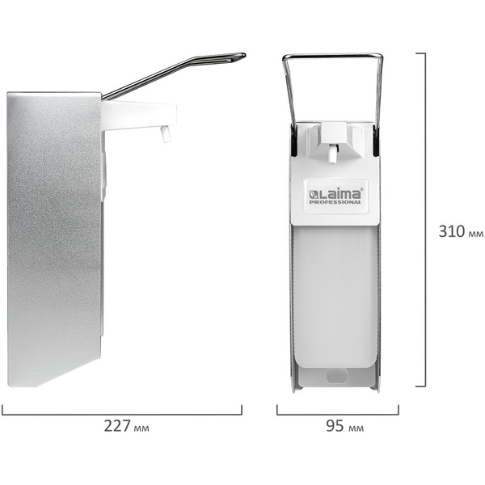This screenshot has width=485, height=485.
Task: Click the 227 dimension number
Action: [x=117, y=426]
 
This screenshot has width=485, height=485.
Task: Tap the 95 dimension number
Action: [x=335, y=426]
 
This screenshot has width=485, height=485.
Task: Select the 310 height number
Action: [x=452, y=231]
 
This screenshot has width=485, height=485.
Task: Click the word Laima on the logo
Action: [x=339, y=194]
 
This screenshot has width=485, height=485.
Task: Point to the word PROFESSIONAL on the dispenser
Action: [x=335, y=202]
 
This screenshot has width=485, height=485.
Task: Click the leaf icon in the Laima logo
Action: [x=312, y=195]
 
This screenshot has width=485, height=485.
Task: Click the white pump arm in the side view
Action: [x=139, y=115]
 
